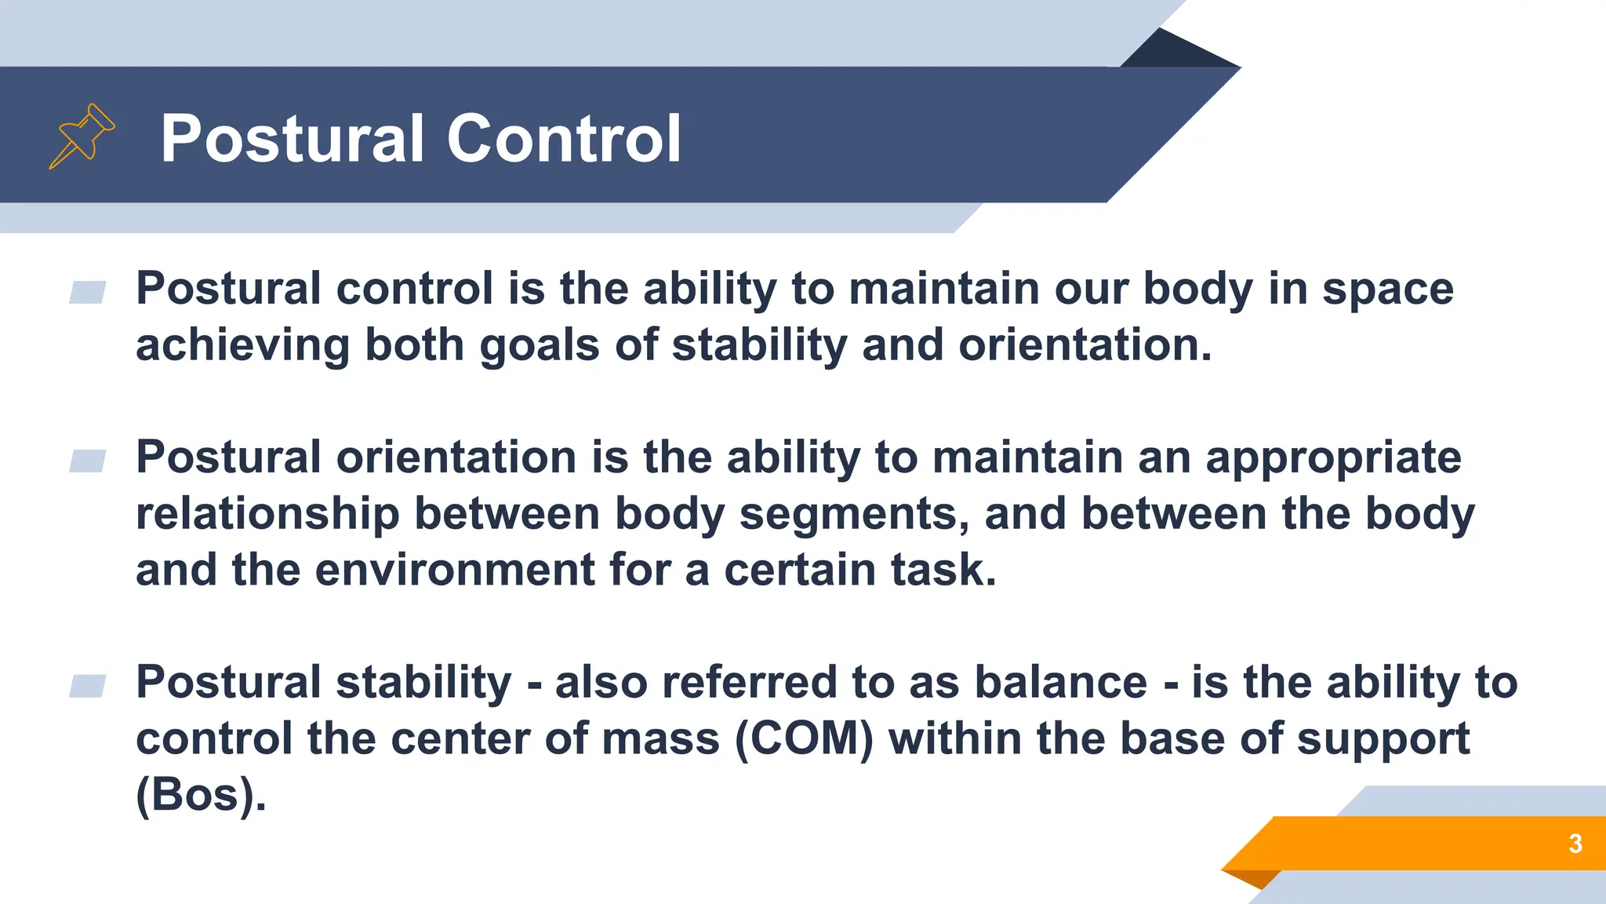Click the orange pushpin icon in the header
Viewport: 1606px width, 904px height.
(82, 137)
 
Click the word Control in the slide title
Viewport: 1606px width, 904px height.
(564, 139)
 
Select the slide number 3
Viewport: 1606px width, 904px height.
(1575, 844)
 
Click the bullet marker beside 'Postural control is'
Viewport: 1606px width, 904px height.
(87, 293)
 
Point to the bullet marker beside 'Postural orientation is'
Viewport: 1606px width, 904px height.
(87, 461)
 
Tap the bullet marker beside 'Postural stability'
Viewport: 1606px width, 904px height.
(87, 686)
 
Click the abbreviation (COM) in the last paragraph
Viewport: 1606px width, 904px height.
(804, 739)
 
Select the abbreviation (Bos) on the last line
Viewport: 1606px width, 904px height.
(201, 796)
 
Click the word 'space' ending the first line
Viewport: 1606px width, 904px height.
(1387, 290)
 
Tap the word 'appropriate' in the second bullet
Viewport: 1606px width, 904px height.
(1333, 457)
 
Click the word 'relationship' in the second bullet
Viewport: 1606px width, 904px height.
(267, 514)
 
